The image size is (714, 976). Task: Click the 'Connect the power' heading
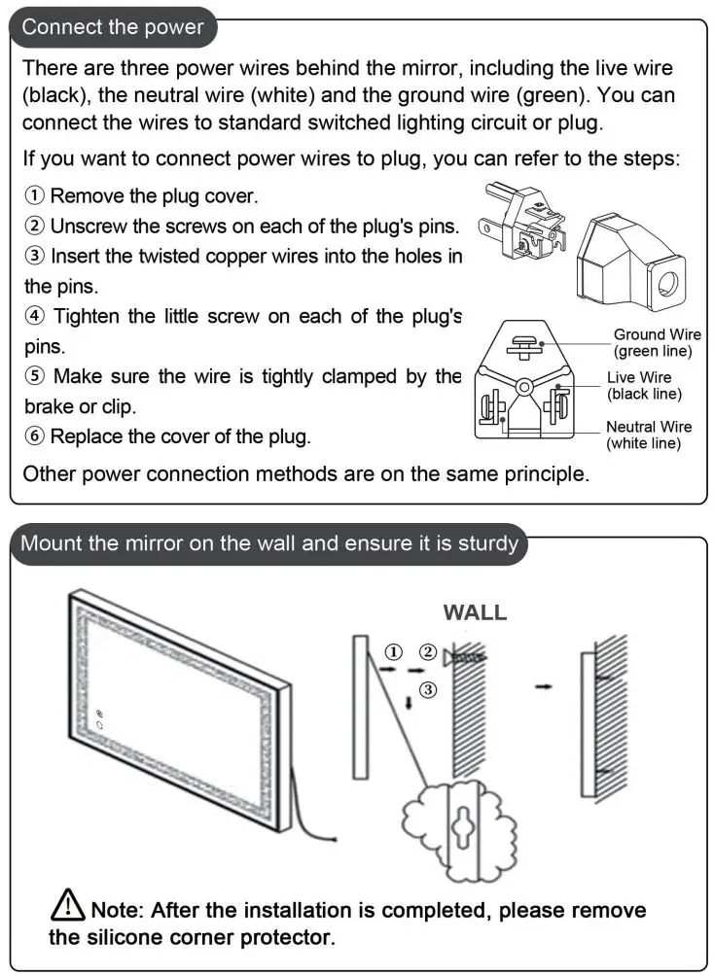point(113,26)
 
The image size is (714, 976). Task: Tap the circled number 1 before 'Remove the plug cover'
point(34,196)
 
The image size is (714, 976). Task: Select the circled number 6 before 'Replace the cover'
point(34,436)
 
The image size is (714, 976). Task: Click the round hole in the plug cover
point(669,284)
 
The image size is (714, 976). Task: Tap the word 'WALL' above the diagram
point(475,612)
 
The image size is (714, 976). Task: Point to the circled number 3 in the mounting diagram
point(429,689)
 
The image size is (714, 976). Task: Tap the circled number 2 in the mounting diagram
point(427,651)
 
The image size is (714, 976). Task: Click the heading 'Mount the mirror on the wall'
point(269,542)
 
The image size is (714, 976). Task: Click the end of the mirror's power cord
point(334,839)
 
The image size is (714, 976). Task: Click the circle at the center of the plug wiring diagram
point(523,386)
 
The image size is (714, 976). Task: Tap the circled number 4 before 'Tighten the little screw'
point(34,316)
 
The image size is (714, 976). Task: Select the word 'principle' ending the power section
point(543,474)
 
